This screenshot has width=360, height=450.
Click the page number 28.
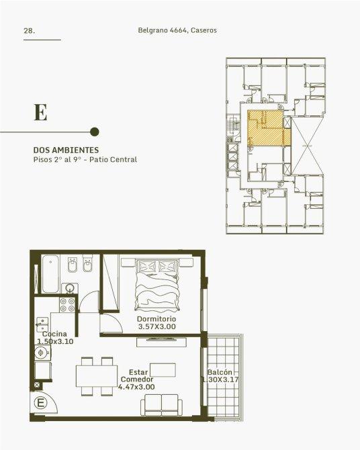tap(30, 31)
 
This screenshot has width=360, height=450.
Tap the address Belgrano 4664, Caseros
tap(177, 30)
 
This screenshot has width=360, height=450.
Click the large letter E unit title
tap(40, 112)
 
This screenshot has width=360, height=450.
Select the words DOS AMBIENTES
tap(66, 150)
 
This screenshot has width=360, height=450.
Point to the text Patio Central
tap(113, 159)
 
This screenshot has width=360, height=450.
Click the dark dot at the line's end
tap(95, 132)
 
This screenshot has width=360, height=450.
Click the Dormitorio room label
tap(156, 319)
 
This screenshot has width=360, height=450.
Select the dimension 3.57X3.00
tap(156, 326)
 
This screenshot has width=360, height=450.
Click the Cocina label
tap(54, 334)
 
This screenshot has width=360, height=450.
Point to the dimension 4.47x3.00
tap(136, 387)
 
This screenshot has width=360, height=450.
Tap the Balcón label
tap(220, 372)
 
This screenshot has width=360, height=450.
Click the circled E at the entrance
tap(40, 403)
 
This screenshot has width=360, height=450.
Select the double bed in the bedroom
tap(157, 284)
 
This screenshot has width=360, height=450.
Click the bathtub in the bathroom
tap(50, 274)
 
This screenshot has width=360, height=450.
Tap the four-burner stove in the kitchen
tap(67, 305)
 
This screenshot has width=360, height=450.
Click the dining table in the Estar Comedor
tap(97, 376)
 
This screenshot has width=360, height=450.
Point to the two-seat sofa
tap(161, 405)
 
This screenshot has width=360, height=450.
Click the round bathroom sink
tap(69, 288)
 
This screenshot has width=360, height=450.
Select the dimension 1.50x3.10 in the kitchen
tap(55, 341)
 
